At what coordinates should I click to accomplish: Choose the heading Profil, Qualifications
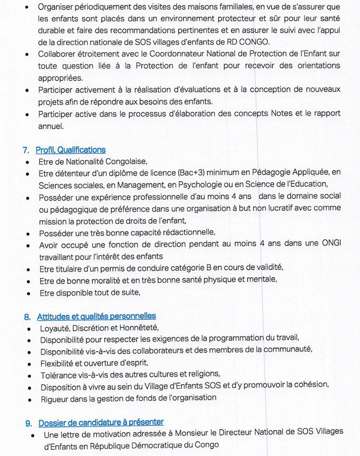point(70,150)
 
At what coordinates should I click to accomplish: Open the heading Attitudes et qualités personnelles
point(96,316)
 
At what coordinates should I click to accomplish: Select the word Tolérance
point(60,375)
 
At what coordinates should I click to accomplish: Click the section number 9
point(28,422)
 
